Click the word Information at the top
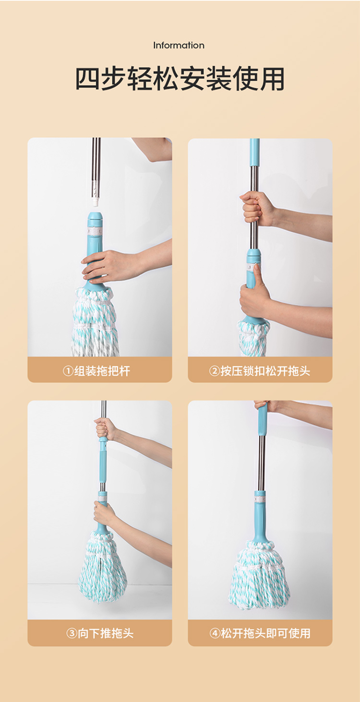coord(179,46)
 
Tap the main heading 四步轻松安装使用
coord(180,78)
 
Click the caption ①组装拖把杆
coord(96,371)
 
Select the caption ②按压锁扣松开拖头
coord(260,371)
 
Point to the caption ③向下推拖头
coord(100,633)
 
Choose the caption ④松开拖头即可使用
coord(260,633)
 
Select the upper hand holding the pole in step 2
coord(257,208)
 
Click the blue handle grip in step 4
coord(263,419)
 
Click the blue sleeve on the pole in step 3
coord(103,461)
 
